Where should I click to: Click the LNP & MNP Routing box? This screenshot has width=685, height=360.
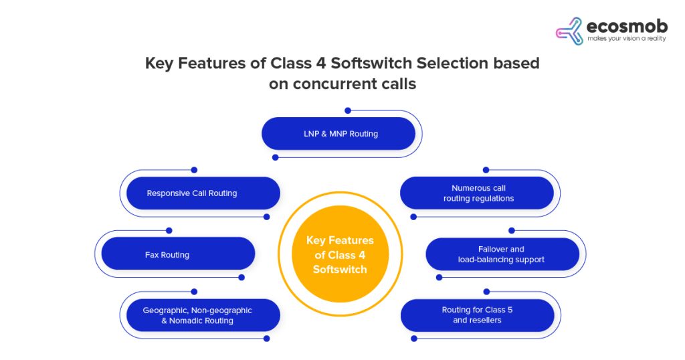[x=338, y=134]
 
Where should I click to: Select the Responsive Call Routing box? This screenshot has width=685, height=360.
[x=200, y=193]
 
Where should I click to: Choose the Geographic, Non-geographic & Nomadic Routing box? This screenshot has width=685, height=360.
[x=200, y=315]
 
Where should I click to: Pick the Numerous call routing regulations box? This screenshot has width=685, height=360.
[x=477, y=193]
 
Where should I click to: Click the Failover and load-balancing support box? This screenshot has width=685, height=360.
[x=502, y=254]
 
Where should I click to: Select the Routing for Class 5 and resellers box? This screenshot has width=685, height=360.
[x=477, y=315]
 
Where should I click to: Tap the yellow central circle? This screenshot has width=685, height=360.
[x=340, y=254]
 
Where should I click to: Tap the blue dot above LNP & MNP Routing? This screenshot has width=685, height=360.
[x=348, y=110]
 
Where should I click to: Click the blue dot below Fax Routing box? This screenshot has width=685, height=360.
[x=241, y=278]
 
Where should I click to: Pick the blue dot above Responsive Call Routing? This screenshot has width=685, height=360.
[x=194, y=170]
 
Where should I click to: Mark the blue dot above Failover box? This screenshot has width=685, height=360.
[x=512, y=231]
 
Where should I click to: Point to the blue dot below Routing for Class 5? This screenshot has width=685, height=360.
[x=413, y=339]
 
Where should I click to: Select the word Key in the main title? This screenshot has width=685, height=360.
[x=158, y=64]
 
